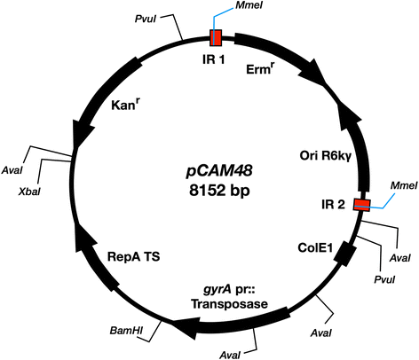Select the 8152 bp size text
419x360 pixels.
(209, 187)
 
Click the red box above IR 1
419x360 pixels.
(216, 38)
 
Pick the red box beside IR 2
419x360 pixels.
(361, 205)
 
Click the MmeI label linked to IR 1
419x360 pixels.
(253, 10)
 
